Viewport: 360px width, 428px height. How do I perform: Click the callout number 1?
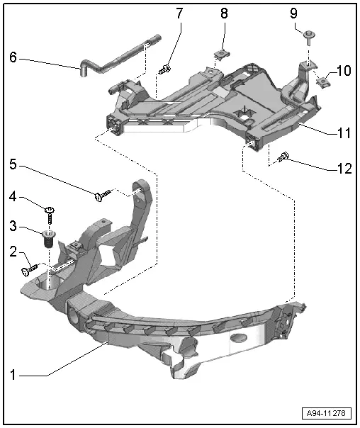[13, 375]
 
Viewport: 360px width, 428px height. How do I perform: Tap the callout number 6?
[13, 57]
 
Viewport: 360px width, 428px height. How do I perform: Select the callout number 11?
[344, 133]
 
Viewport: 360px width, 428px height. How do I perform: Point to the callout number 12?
[344, 169]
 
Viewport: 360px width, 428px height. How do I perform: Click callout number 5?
[13, 164]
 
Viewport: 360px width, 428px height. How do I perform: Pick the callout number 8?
[224, 13]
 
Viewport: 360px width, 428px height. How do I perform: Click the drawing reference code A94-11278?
[326, 413]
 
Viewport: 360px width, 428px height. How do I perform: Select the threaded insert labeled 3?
[49, 239]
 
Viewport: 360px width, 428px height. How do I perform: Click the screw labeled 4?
[50, 215]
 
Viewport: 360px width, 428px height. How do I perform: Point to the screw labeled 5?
[103, 195]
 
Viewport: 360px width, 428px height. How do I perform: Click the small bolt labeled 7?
[165, 69]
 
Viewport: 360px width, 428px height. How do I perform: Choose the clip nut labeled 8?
[222, 54]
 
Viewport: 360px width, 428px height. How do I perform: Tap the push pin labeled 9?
[309, 38]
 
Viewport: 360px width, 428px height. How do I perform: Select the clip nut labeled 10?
[323, 81]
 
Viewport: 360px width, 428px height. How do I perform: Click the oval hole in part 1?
[239, 337]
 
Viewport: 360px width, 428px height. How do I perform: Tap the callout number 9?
[293, 13]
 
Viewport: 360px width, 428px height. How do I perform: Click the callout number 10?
[344, 71]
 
